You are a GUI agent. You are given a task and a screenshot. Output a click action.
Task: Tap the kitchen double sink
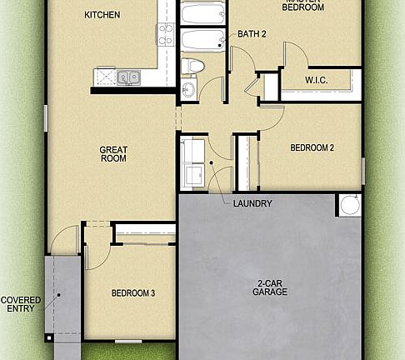[128, 77]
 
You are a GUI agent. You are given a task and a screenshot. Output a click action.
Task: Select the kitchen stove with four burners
[165, 35]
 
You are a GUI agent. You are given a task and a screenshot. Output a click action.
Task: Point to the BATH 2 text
[251, 34]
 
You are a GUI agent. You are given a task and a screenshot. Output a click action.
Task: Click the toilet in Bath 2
[193, 66]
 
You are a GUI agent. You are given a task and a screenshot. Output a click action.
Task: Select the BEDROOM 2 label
[312, 148]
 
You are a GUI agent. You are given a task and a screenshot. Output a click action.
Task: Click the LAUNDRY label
[252, 203]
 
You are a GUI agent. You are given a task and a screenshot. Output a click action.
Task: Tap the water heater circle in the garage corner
[349, 205]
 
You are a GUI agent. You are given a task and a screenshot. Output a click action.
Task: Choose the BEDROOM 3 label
[131, 293]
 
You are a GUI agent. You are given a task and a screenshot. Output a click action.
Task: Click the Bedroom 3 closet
[143, 232]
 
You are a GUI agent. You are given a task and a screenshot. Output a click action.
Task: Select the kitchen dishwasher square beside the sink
[106, 77]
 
